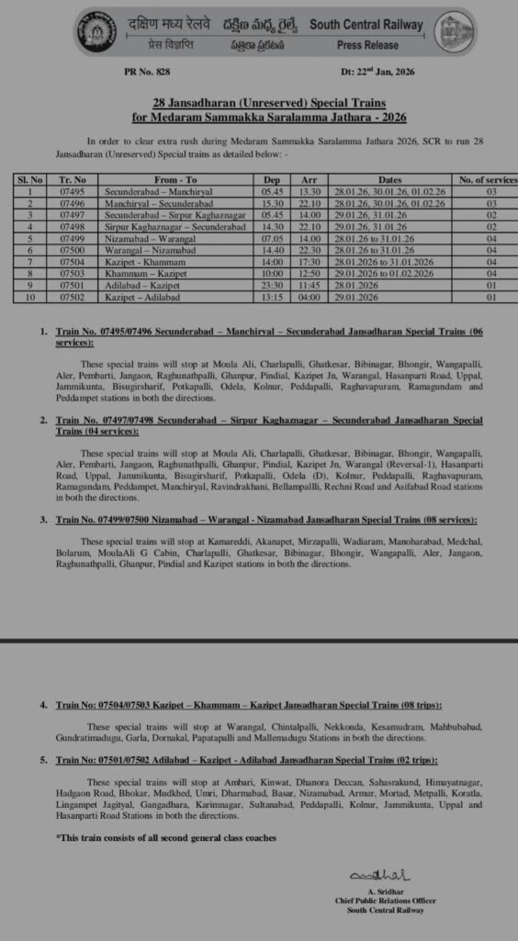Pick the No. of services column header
click(x=479, y=179)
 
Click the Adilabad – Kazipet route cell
click(x=157, y=286)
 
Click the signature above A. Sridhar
click(x=367, y=872)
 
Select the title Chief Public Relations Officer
click(x=386, y=901)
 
